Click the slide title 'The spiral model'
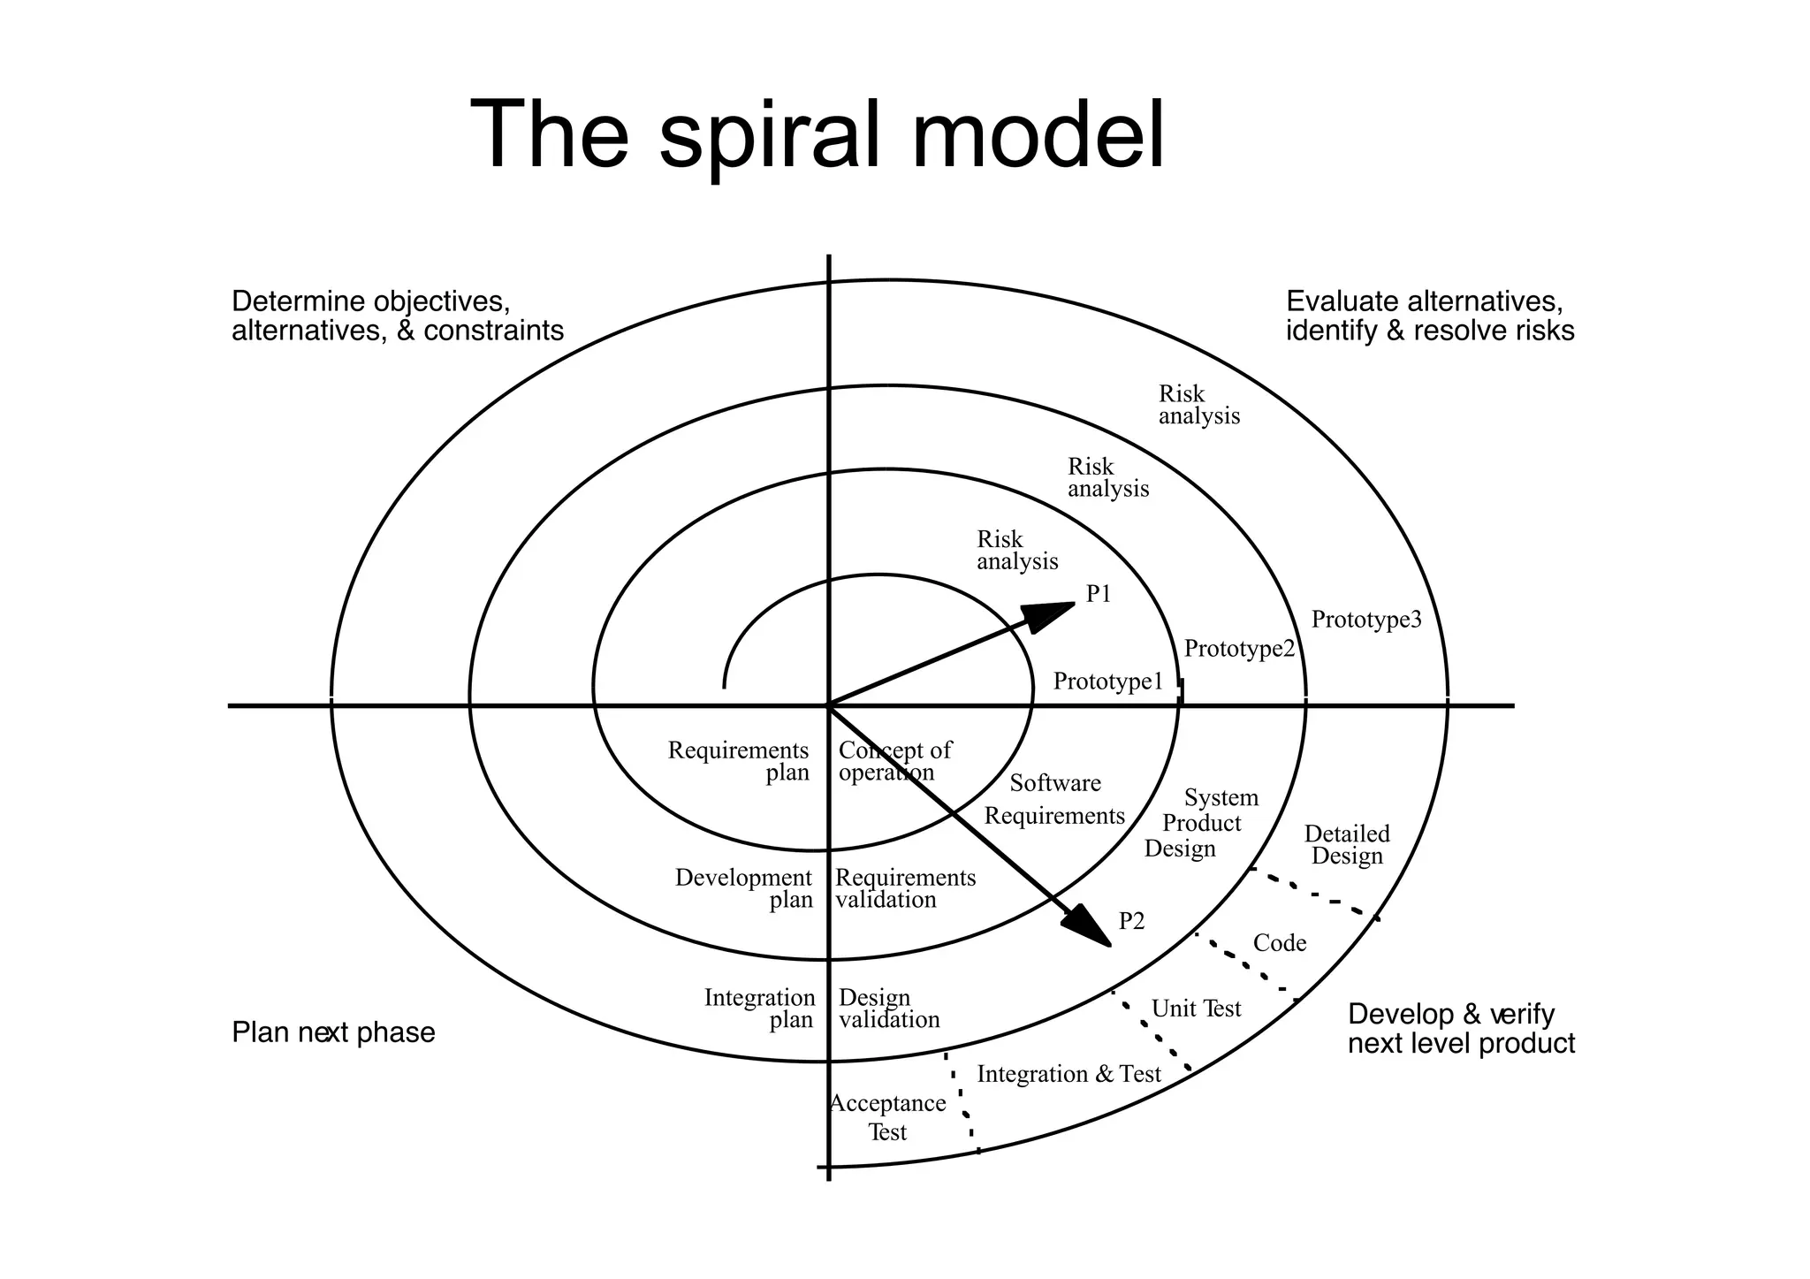pos(817,134)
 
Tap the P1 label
pos(1099,595)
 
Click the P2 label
pos(1131,922)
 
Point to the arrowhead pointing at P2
pos(1086,927)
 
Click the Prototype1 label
pos(1108,681)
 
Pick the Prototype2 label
pos(1238,649)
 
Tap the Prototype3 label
pos(1365,620)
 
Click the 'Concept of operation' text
pos(894,761)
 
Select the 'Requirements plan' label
pos(739,761)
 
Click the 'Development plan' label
pos(744,888)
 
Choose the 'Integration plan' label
pos(759,1009)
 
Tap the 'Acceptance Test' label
pos(887,1117)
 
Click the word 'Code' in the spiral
pos(1279,943)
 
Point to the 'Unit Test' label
pos(1196,1009)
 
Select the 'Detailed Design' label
pos(1346,845)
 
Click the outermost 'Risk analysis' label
pos(1198,405)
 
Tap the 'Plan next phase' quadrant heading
pos(333,1032)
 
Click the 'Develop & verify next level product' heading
pos(1460,1029)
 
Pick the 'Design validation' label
pos(888,1009)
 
